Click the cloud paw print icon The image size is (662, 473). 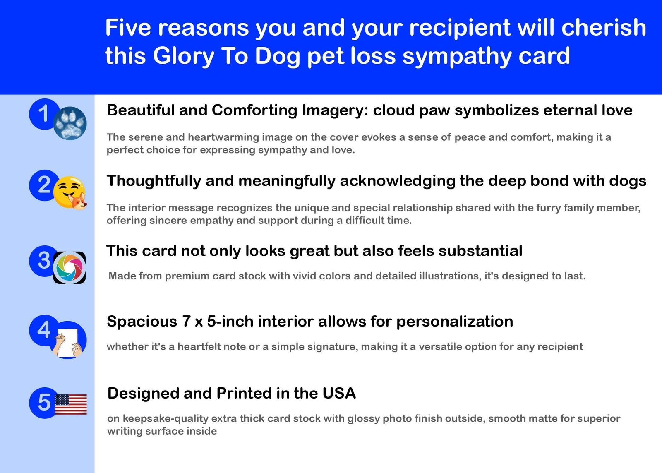(70, 123)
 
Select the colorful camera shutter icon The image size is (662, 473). (70, 268)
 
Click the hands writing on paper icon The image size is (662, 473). (69, 340)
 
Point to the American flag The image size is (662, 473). (71, 404)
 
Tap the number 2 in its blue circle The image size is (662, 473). (44, 185)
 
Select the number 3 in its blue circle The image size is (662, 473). (44, 260)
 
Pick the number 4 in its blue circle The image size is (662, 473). (44, 330)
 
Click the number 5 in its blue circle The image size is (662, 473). (44, 403)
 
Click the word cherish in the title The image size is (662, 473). (604, 27)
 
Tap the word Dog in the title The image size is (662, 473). (278, 56)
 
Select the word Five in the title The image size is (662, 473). (128, 27)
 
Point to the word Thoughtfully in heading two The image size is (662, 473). (154, 181)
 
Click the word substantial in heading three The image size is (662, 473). (480, 251)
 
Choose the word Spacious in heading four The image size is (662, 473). (142, 322)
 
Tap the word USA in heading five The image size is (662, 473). (339, 393)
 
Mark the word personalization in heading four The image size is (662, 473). (455, 322)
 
